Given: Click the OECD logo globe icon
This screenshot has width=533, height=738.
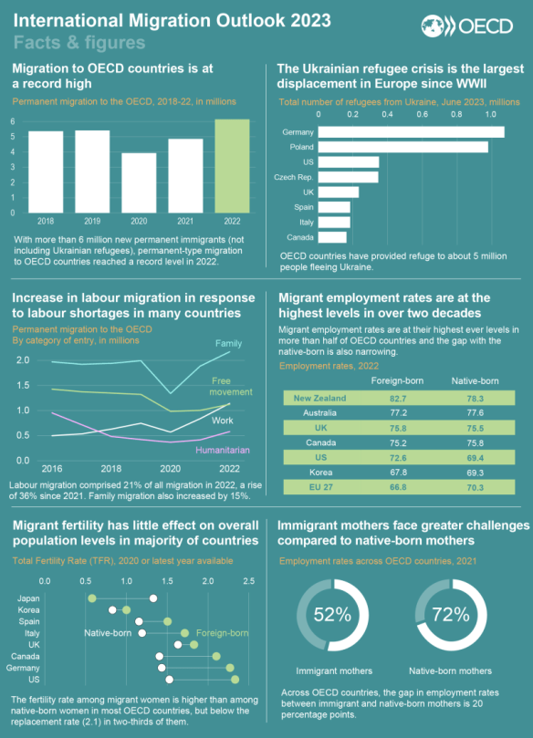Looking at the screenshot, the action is pyautogui.click(x=433, y=26).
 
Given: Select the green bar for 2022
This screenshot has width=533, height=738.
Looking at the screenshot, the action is pyautogui.click(x=232, y=166).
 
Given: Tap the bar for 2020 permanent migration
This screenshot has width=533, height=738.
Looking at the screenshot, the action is pyautogui.click(x=139, y=183).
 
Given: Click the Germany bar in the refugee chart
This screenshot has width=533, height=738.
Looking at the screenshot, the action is pyautogui.click(x=411, y=131).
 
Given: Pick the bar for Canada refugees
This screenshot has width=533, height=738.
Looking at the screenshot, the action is pyautogui.click(x=332, y=237).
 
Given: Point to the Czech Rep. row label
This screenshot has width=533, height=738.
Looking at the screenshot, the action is pyautogui.click(x=294, y=177).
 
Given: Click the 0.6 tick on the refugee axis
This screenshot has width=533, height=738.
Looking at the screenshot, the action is pyautogui.click(x=422, y=114).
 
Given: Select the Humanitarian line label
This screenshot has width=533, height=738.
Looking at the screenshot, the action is pyautogui.click(x=223, y=450).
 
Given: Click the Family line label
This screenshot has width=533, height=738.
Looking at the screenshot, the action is pyautogui.click(x=228, y=344).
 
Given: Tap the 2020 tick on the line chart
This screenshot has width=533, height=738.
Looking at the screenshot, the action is pyautogui.click(x=170, y=469).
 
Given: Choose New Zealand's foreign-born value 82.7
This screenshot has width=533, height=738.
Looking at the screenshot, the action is pyautogui.click(x=398, y=399).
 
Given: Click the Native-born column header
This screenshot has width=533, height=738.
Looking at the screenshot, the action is pyautogui.click(x=476, y=381).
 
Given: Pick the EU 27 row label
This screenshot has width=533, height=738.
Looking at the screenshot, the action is pyautogui.click(x=320, y=487).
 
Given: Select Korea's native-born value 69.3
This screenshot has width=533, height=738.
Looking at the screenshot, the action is pyautogui.click(x=476, y=473).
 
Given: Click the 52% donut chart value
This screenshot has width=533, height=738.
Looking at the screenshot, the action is pyautogui.click(x=332, y=615).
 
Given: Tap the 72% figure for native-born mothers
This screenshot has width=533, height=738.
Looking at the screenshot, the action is pyautogui.click(x=451, y=615).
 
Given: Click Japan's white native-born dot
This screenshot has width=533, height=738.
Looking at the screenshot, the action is pyautogui.click(x=153, y=598).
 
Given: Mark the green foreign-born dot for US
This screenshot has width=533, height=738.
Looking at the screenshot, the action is pyautogui.click(x=235, y=680).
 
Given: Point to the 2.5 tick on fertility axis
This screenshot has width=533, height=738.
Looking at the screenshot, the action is pyautogui.click(x=248, y=581).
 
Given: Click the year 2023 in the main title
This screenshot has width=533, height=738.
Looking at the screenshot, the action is pyautogui.click(x=310, y=21).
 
